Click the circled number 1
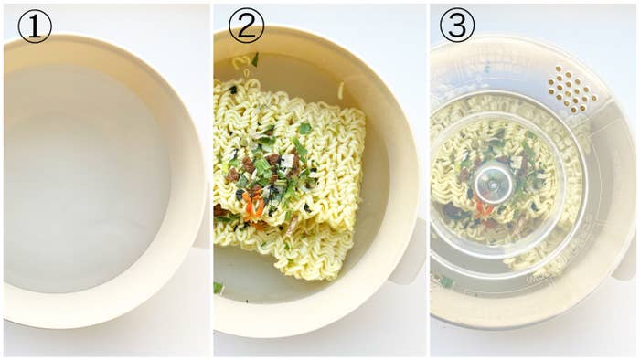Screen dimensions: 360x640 point(34,26)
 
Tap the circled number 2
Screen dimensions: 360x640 point(246,26)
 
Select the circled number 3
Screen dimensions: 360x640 point(457,26)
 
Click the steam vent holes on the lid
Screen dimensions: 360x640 point(572,89)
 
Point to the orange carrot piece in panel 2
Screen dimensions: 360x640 point(253,206)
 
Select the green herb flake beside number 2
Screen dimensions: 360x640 point(255,59)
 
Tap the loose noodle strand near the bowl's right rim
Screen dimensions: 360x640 point(341,90)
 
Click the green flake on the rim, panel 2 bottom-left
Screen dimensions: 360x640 point(219,288)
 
